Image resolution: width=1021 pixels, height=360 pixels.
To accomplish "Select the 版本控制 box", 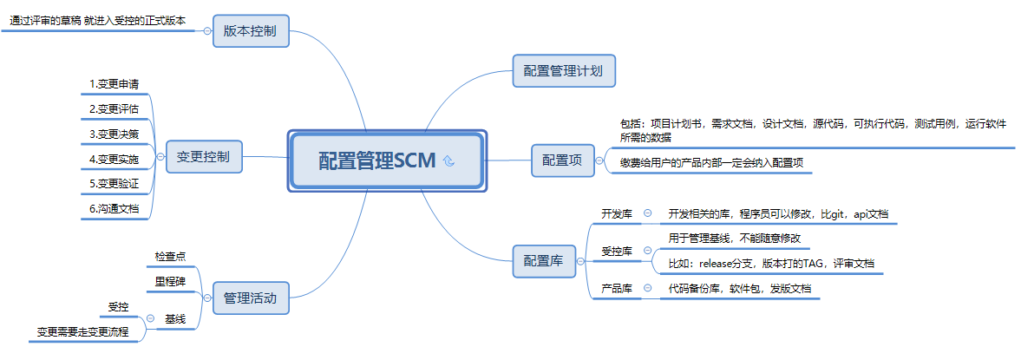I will point(251,31).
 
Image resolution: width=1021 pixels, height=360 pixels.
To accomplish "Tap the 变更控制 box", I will point(204,157).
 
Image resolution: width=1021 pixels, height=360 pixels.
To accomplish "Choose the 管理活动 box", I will point(251,298).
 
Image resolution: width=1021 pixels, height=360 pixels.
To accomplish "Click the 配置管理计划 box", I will point(564,70).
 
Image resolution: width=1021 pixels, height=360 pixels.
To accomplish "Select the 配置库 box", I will point(544,260).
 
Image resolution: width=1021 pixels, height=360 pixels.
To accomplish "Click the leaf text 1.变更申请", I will point(115,84).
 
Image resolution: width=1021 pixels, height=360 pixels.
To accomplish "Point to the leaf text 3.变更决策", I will point(115,134).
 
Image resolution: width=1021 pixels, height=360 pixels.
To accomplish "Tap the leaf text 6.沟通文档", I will point(115,209).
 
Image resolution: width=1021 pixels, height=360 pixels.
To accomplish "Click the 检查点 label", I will point(170,256).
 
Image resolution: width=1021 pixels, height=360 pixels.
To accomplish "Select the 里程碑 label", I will point(170,281).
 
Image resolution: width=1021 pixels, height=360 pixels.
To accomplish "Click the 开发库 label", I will point(617,213).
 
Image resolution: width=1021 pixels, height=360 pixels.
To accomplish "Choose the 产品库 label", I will point(617,288).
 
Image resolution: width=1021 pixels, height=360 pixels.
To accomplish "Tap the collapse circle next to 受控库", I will point(648,251).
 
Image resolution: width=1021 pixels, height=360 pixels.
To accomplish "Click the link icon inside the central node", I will point(448,160).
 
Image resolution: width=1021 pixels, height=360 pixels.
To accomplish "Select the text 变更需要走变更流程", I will point(82,331).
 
